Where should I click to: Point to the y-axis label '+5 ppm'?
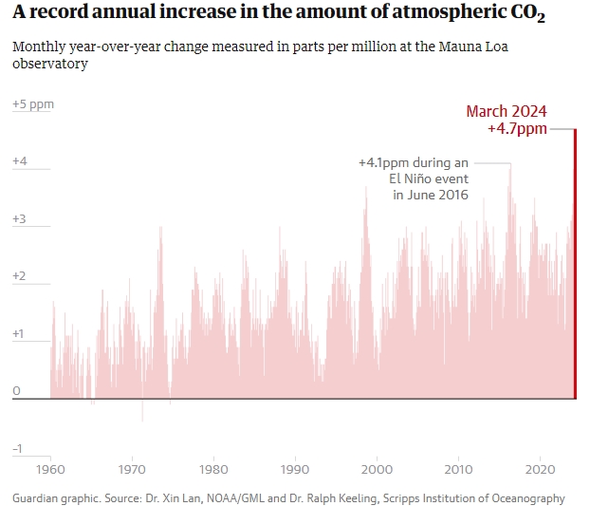pyautogui.click(x=33, y=104)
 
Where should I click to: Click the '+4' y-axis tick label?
pyautogui.click(x=20, y=162)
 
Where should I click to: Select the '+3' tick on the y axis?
pyautogui.click(x=20, y=219)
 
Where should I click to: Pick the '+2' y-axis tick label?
pyautogui.click(x=20, y=277)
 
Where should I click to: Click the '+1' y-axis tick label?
pyautogui.click(x=20, y=334)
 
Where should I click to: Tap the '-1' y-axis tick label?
pyautogui.click(x=18, y=449)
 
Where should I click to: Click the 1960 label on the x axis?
pyautogui.click(x=51, y=469)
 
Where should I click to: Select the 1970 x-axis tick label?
pyautogui.click(x=133, y=469)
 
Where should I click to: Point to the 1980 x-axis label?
pyautogui.click(x=214, y=469)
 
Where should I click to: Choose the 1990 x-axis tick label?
pyautogui.click(x=296, y=469)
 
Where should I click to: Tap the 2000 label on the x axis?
pyautogui.click(x=378, y=469)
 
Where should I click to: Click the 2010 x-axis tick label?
pyautogui.click(x=459, y=469)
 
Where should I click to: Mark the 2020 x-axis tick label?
pyautogui.click(x=540, y=469)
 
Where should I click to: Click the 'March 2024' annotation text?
pyautogui.click(x=507, y=111)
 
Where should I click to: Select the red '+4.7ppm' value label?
pyautogui.click(x=517, y=129)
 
